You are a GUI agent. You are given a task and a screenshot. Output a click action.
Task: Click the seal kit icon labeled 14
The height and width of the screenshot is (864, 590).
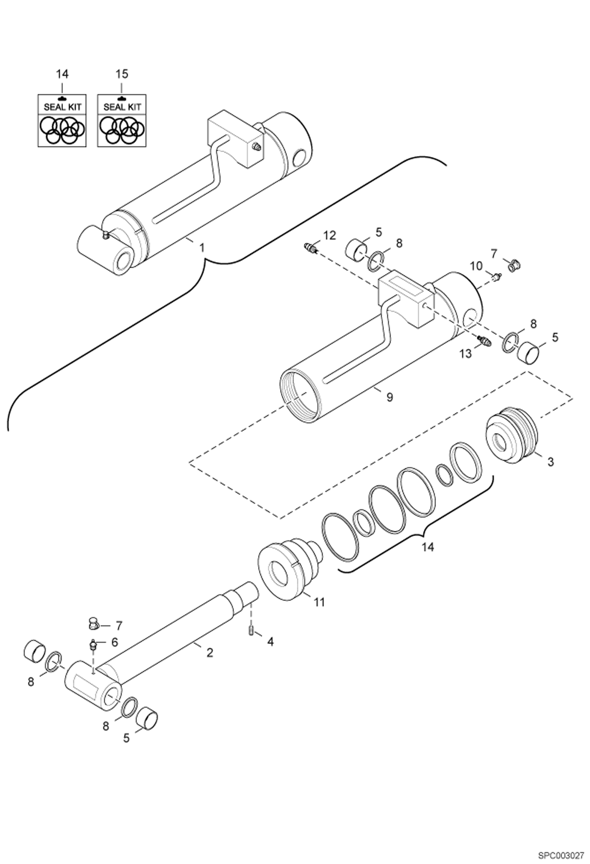tap(62, 121)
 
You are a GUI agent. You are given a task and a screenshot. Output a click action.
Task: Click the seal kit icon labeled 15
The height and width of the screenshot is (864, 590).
tap(122, 121)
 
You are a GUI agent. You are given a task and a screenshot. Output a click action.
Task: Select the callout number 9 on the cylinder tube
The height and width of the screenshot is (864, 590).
tap(390, 397)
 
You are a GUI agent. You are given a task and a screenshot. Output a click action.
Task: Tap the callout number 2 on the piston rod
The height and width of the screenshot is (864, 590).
tap(210, 653)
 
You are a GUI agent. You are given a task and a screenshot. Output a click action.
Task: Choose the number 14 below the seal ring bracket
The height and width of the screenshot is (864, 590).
tap(427, 547)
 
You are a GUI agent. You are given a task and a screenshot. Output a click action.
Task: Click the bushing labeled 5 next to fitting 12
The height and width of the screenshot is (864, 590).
tap(356, 249)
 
